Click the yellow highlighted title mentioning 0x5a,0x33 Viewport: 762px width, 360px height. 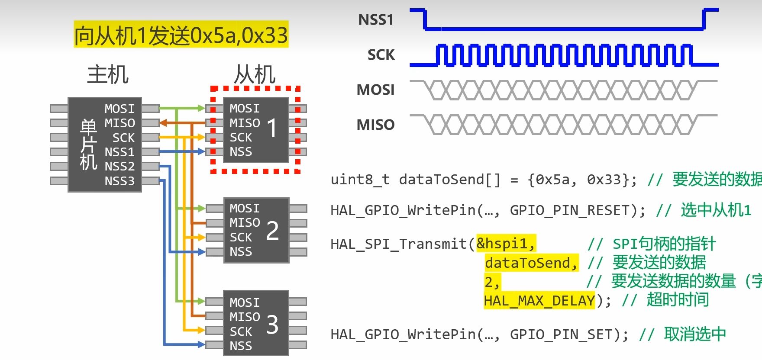click(181, 35)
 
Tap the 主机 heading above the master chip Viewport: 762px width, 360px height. click(108, 74)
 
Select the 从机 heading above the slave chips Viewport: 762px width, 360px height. click(255, 74)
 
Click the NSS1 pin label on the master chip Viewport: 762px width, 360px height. click(119, 152)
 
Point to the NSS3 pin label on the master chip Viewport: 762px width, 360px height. click(119, 181)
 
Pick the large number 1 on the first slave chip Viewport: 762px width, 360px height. click(272, 129)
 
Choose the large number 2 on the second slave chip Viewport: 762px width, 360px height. click(272, 230)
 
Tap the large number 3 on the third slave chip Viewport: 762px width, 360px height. click(272, 325)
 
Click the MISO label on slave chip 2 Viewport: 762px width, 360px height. click(245, 223)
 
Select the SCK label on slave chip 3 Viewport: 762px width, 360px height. click(241, 332)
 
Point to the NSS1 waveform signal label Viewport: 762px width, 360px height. click(376, 20)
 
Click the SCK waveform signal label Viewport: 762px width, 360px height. click(381, 55)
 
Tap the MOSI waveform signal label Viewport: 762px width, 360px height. click(375, 90)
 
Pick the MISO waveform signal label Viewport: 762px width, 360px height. click(375, 125)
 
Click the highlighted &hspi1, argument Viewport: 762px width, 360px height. click(506, 244)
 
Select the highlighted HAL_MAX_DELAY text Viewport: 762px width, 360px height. click(539, 300)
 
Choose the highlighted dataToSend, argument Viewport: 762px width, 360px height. click(531, 263)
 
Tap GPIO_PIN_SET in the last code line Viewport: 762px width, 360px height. click(561, 334)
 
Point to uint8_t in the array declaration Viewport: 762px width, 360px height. click(360, 180)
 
